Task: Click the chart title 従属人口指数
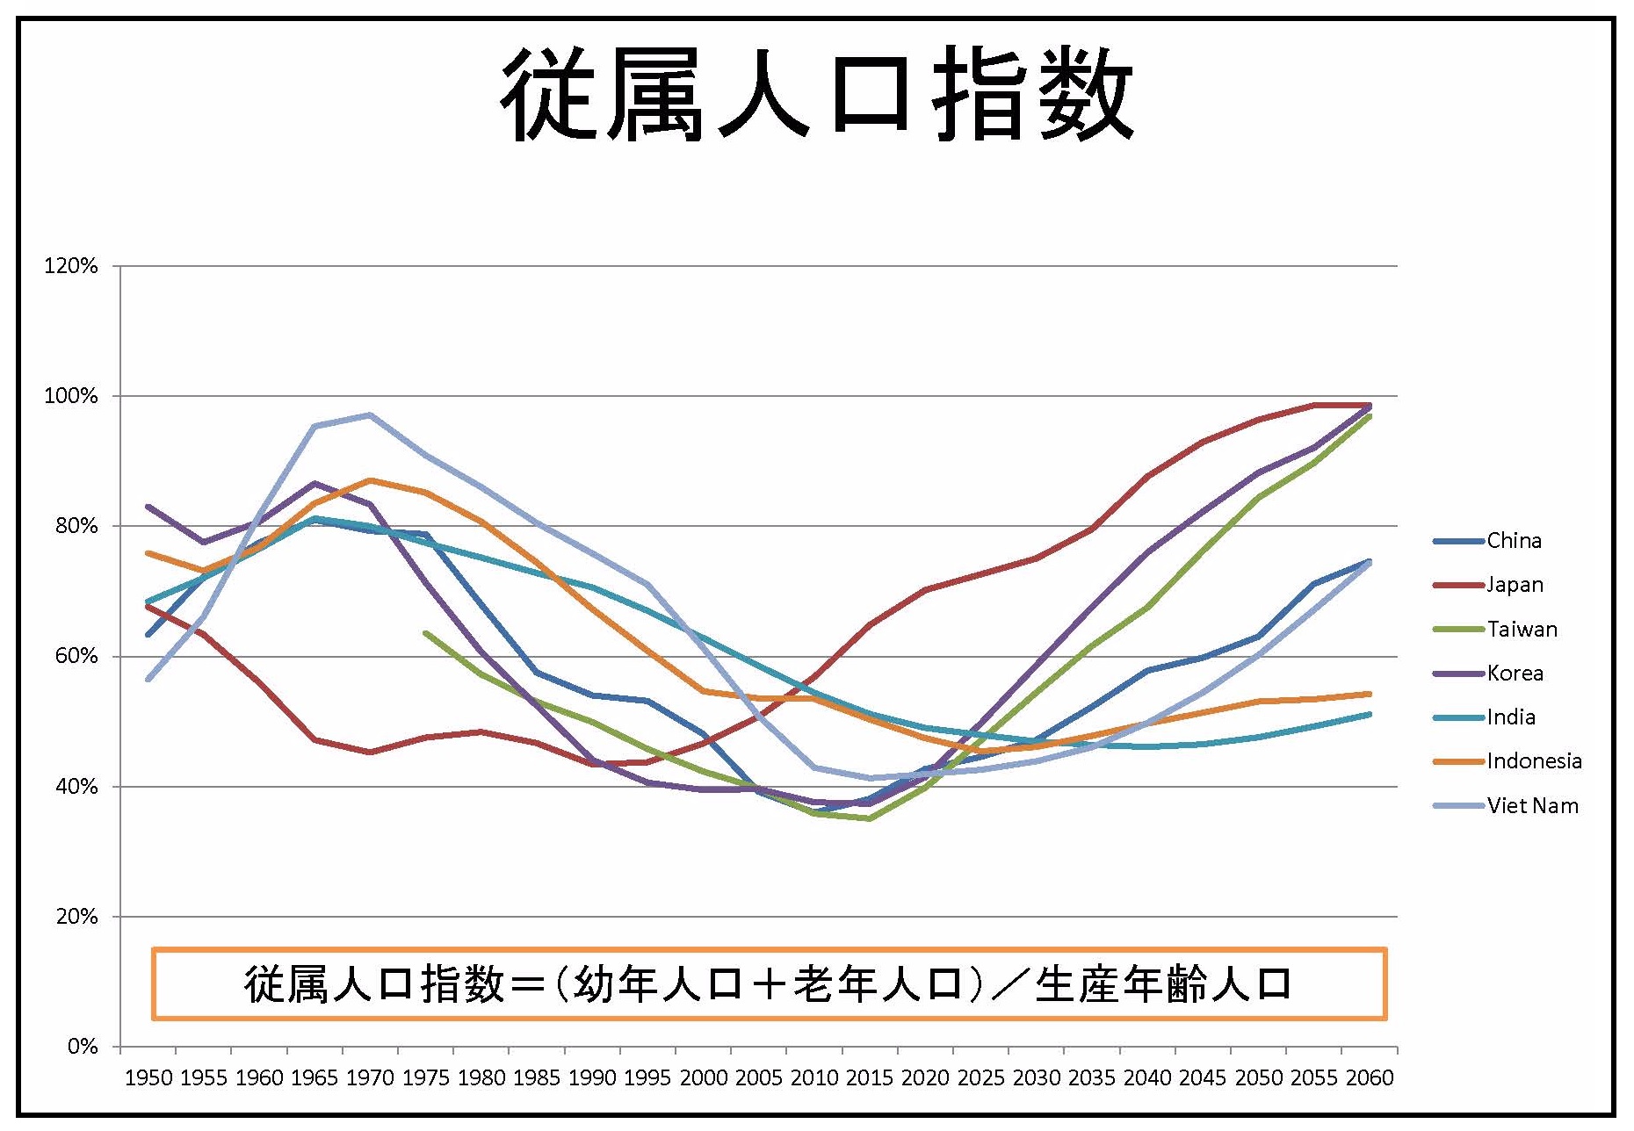[x=817, y=94]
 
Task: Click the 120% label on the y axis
[x=71, y=266]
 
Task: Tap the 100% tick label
[x=71, y=396]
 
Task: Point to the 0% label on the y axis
[x=82, y=1047]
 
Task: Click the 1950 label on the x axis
[x=148, y=1078]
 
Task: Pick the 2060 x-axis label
[x=1370, y=1078]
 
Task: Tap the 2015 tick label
[x=870, y=1078]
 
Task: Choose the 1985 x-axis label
[x=537, y=1078]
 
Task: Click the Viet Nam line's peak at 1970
[x=370, y=414]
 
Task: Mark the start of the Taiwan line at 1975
[x=426, y=633]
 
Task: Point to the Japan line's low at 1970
[x=370, y=752]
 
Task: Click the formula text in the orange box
[x=769, y=984]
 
